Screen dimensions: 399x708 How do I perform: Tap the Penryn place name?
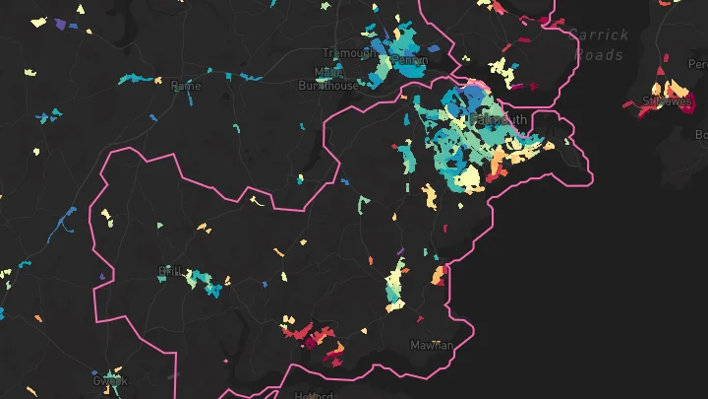410,60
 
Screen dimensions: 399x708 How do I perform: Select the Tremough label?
348,52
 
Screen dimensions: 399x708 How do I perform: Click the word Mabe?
323,72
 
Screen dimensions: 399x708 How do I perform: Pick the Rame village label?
185,86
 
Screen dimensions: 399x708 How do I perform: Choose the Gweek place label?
109,380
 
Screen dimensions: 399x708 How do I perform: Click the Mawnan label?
432,346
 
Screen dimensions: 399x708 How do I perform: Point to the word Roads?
599,55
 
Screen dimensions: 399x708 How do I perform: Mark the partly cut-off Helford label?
315,394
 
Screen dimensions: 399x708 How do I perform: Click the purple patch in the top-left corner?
60,23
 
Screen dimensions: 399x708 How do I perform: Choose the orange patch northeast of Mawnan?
439,276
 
